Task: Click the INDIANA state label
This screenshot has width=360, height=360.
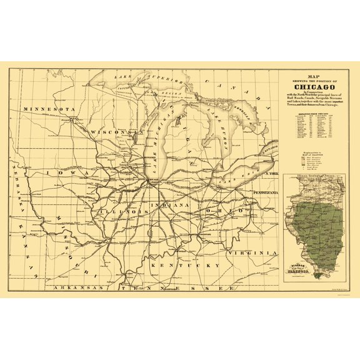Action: click(x=168, y=205)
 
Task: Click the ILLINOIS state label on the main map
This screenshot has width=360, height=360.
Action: click(x=122, y=212)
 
